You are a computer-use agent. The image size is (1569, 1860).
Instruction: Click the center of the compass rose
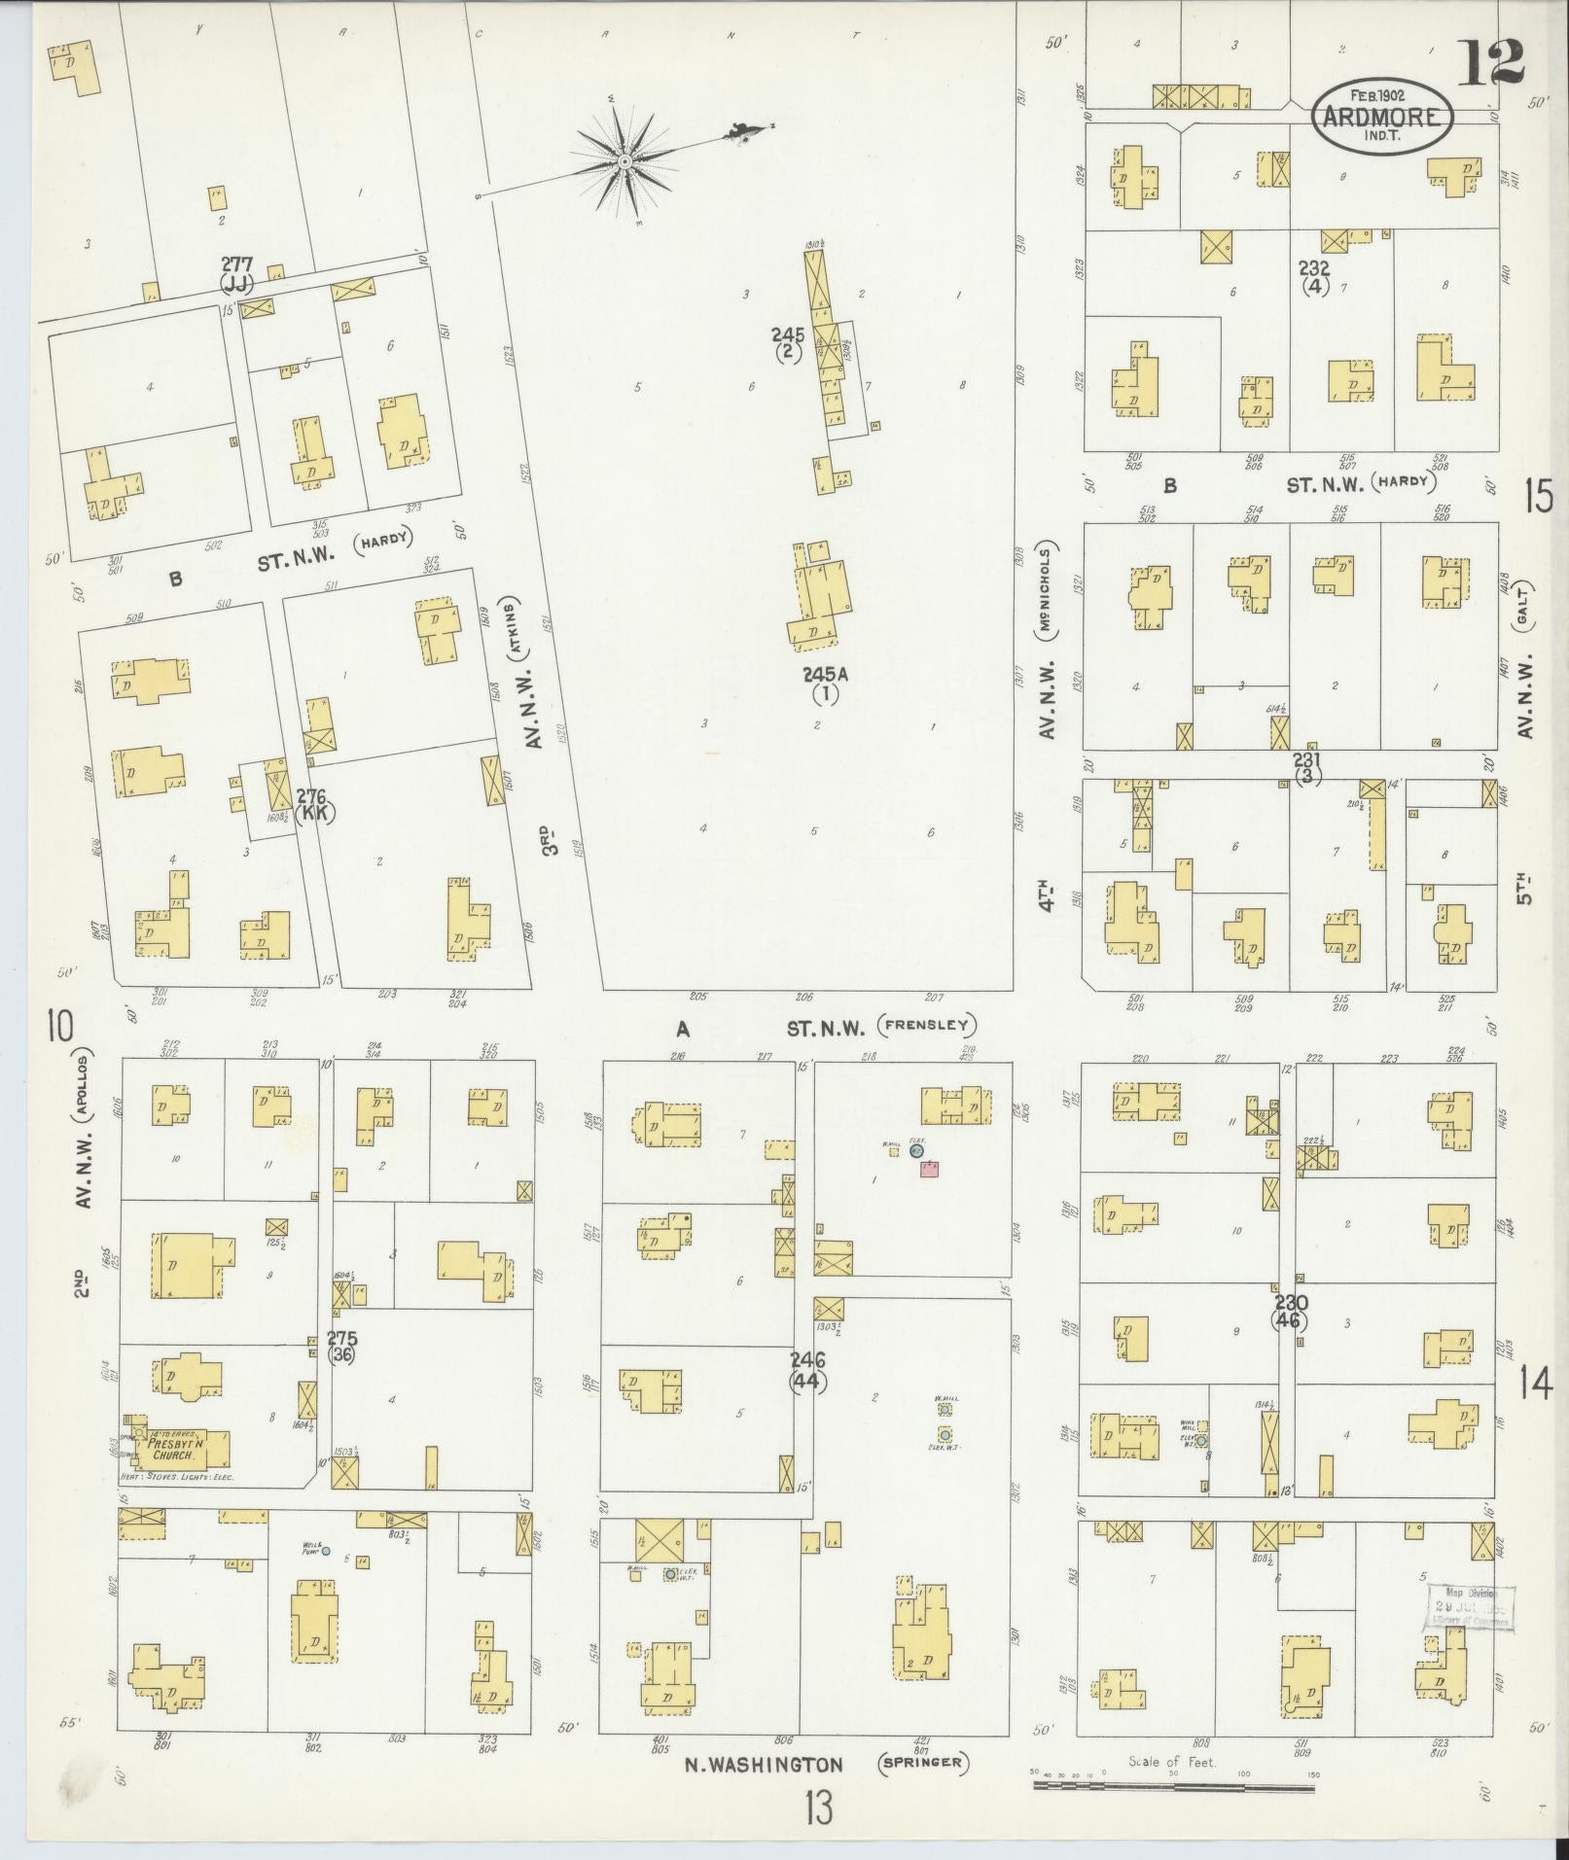click(x=624, y=160)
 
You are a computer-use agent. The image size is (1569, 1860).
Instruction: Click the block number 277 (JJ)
click(x=236, y=273)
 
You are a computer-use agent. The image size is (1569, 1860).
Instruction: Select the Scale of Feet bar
click(x=1173, y=1786)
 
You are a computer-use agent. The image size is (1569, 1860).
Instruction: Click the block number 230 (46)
click(x=1290, y=1312)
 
